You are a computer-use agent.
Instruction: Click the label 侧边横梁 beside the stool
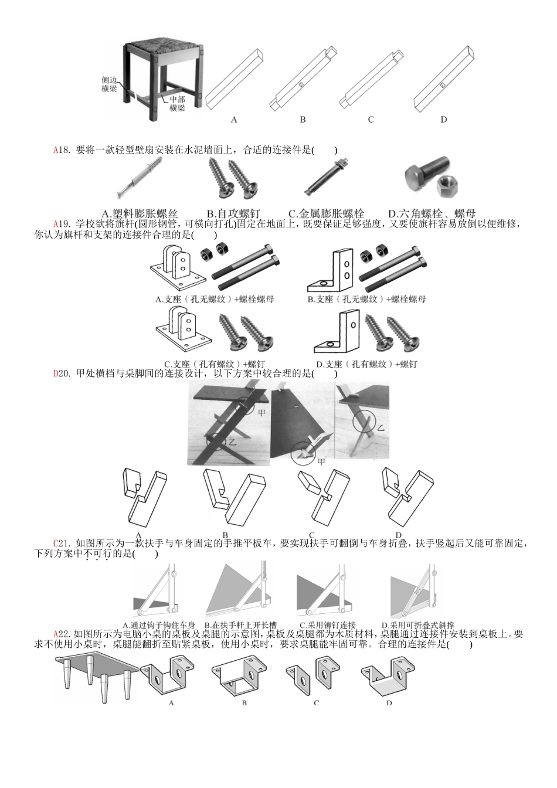(109, 84)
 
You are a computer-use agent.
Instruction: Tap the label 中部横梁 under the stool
(177, 104)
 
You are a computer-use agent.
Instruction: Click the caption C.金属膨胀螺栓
(326, 214)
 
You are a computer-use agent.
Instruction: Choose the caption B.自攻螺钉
(233, 214)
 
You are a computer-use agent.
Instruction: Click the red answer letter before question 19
(56, 223)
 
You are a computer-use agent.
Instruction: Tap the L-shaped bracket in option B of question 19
(331, 270)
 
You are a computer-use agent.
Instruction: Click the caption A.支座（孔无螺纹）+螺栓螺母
(215, 299)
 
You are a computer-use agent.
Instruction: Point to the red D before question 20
(56, 373)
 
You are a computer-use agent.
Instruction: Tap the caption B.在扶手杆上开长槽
(240, 626)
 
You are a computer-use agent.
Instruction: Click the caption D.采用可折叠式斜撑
(418, 626)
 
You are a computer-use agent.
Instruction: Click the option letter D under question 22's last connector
(389, 702)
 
